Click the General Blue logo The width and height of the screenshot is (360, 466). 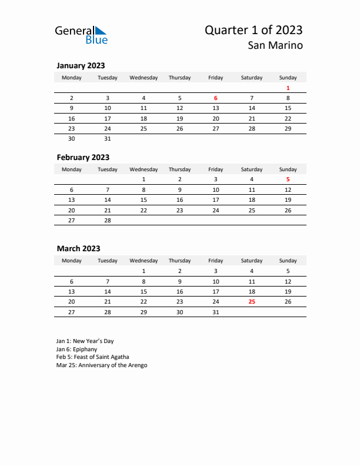tap(81, 35)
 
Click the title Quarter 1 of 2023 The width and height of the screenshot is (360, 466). tap(254, 30)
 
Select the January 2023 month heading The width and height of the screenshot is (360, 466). tap(81, 66)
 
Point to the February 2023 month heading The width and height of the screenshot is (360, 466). tap(83, 157)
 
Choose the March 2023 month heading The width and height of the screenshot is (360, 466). tap(78, 248)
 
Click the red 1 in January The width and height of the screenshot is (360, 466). tap(288, 88)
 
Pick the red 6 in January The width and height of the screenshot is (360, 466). tap(216, 98)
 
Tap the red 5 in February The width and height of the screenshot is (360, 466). tap(288, 179)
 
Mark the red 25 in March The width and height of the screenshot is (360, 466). tap(252, 301)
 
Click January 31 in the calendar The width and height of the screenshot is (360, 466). tap(108, 139)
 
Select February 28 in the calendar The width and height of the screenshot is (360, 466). tap(108, 220)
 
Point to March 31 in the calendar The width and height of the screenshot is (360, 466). tap(216, 312)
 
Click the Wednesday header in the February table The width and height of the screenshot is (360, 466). tap(144, 169)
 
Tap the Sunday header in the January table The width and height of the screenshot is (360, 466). tap(288, 78)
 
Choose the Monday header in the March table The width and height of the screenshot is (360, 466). tap(72, 261)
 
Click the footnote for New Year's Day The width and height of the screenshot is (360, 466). tap(85, 341)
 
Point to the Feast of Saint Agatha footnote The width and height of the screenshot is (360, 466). tap(93, 357)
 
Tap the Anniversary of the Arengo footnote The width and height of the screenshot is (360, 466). tap(102, 365)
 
